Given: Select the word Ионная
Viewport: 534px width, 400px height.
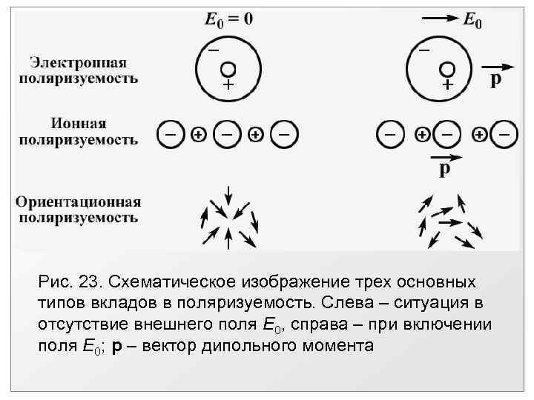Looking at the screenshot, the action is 79,122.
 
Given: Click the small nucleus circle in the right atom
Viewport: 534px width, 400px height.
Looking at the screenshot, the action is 447,69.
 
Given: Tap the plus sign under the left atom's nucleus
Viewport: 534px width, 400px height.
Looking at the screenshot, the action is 227,85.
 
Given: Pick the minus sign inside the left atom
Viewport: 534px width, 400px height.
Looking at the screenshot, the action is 212,50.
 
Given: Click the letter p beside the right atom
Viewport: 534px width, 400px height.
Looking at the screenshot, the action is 495,79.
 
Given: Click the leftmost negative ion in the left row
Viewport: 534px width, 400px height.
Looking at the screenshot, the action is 171,135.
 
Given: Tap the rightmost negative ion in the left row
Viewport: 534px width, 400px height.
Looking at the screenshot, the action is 284,135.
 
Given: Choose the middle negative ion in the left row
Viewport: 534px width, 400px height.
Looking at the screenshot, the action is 227,135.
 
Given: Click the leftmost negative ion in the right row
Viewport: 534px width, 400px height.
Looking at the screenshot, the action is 390,135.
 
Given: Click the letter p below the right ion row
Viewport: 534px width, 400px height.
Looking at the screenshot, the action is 444,170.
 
